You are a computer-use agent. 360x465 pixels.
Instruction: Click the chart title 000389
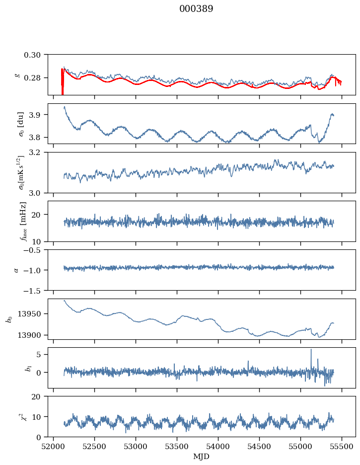(196, 9)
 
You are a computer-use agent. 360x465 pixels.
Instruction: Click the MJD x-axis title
(202, 456)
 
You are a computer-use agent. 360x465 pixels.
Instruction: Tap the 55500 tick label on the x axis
(342, 446)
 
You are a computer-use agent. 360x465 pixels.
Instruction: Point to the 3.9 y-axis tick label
(38, 115)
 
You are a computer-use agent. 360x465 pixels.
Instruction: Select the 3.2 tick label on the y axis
(38, 153)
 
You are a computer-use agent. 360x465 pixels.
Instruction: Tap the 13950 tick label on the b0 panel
(32, 314)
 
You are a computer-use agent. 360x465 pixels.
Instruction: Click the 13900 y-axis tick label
(32, 335)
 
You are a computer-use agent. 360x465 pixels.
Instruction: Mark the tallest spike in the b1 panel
(311, 350)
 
